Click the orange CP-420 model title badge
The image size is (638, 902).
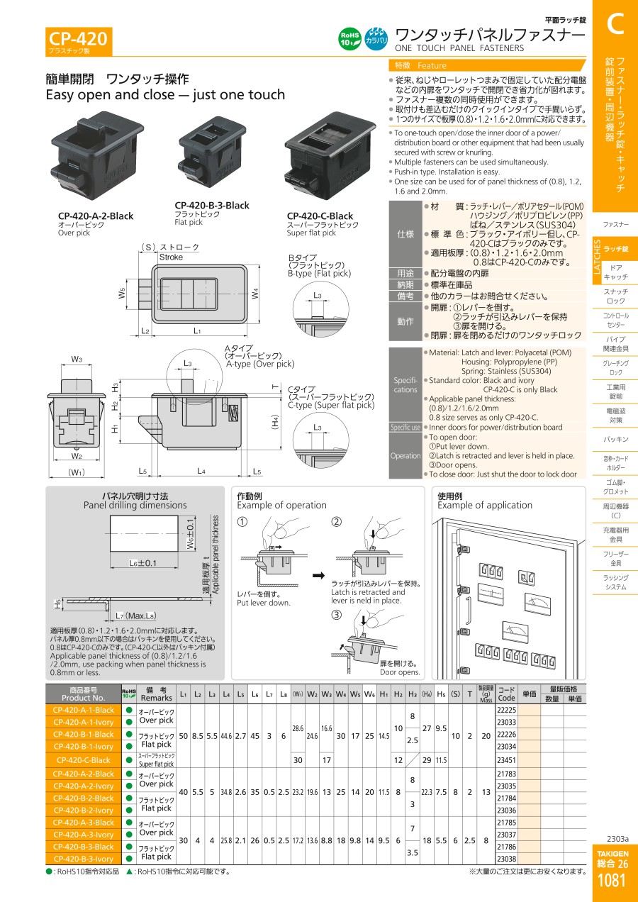[78, 40]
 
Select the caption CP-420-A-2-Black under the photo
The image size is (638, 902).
[95, 216]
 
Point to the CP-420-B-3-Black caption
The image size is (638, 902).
[212, 206]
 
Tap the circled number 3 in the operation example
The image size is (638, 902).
[337, 614]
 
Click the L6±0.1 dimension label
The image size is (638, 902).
[143, 563]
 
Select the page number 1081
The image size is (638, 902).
[611, 881]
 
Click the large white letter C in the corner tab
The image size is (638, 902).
[615, 24]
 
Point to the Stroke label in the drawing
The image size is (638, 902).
[172, 257]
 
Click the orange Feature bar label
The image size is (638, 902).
[432, 65]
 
